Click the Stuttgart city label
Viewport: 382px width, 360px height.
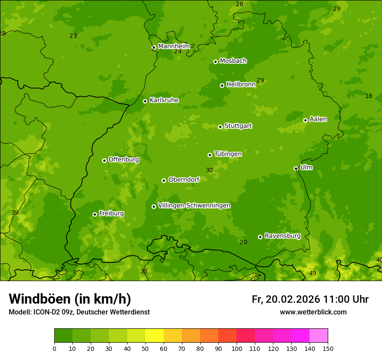(x=238, y=126)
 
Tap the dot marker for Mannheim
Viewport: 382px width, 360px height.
(x=154, y=48)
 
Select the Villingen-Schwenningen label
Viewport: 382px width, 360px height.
(x=194, y=206)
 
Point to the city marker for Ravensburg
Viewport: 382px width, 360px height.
(x=260, y=237)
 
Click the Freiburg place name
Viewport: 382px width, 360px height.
(x=111, y=213)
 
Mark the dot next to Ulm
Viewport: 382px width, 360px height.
(x=296, y=168)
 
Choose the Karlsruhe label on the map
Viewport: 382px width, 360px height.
(x=164, y=100)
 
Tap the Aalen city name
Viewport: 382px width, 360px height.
(x=318, y=119)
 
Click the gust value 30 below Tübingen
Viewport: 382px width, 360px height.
(x=209, y=170)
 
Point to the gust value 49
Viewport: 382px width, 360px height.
(x=313, y=273)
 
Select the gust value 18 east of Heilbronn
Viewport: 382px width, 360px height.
(x=369, y=96)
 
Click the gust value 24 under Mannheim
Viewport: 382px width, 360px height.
(x=178, y=52)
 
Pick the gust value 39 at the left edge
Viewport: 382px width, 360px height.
(x=15, y=213)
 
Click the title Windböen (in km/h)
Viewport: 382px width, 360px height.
(x=70, y=299)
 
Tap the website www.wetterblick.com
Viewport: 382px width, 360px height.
(x=313, y=312)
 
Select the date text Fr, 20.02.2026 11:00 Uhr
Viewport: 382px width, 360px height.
(x=310, y=299)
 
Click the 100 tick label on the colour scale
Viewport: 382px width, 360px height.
(x=237, y=348)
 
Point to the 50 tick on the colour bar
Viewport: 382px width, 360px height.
(x=145, y=348)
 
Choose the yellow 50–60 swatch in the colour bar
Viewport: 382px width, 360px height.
(x=155, y=336)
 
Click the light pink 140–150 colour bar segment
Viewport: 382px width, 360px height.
(x=319, y=336)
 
